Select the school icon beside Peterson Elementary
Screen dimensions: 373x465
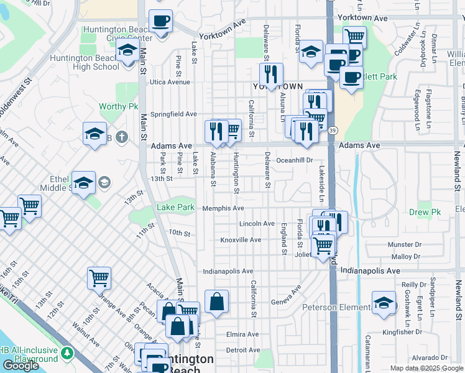384,303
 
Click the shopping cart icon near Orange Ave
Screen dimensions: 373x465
99,278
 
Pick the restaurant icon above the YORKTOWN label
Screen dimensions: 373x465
271,74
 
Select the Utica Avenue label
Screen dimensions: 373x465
170,82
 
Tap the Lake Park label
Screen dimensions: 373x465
175,207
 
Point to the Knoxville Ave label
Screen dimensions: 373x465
241,240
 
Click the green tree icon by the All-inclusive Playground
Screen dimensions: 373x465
67,354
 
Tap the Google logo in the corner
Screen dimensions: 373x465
21,366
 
